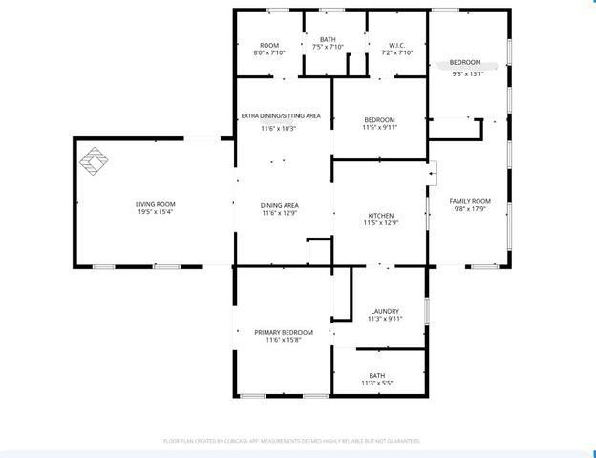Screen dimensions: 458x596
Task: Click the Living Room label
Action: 154,204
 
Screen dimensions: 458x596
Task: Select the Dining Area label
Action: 279,205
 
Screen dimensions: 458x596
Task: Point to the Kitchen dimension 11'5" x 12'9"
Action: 380,224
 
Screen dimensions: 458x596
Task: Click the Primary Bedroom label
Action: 284,332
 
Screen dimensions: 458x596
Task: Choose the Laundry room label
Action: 384,311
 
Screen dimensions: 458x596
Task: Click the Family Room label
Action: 471,201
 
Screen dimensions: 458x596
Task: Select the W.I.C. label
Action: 398,45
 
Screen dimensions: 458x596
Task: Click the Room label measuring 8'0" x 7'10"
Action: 269,45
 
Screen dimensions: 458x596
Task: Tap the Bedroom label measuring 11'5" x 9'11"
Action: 379,119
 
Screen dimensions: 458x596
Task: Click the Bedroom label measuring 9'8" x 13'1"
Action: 467,62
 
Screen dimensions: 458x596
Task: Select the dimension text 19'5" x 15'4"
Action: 154,213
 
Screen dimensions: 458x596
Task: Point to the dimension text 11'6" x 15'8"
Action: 284,341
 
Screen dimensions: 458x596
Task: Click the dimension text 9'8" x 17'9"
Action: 471,210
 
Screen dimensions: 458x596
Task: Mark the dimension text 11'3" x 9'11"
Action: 384,320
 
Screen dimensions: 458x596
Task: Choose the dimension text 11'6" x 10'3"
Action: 279,128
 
